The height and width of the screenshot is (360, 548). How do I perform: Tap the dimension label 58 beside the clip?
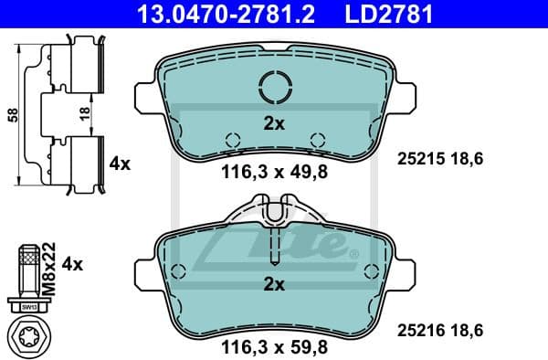(12, 116)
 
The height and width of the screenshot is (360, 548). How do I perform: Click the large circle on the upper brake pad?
(274, 88)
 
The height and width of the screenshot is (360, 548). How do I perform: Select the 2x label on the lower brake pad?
(274, 284)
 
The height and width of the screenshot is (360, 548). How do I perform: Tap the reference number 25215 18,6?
(439, 159)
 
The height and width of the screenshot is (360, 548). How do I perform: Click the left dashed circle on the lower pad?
(179, 270)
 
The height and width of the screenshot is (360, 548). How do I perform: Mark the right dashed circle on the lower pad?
(370, 270)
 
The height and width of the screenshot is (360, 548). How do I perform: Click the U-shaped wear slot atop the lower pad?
(274, 214)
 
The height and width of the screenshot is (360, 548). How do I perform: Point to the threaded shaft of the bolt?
(28, 271)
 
